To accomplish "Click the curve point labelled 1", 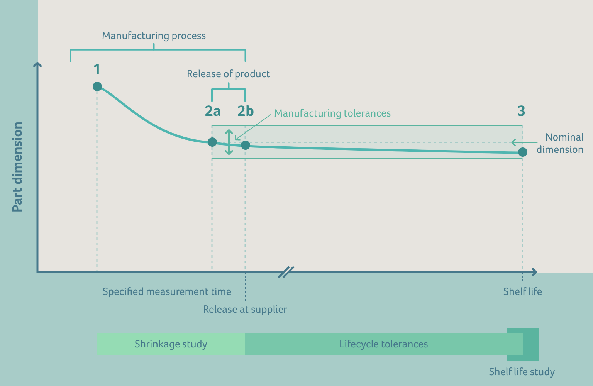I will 97,86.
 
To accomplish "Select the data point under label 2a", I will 212,142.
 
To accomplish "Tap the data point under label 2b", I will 246,145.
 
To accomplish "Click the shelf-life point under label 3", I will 522,152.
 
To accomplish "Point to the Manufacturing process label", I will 154,36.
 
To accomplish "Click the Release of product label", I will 228,74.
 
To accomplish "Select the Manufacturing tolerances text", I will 332,113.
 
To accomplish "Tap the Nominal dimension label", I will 560,143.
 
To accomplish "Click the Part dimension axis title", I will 17,167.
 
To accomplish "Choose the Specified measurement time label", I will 167,291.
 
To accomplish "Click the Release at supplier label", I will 245,309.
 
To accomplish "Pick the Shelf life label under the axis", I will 522,291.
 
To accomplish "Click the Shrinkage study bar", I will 171,344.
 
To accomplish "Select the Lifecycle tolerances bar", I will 383,344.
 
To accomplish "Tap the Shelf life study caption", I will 522,372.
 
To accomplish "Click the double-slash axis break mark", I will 286,272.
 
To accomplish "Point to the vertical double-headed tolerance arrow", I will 229,142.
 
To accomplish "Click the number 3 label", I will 521,111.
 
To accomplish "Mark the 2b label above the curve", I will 246,111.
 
